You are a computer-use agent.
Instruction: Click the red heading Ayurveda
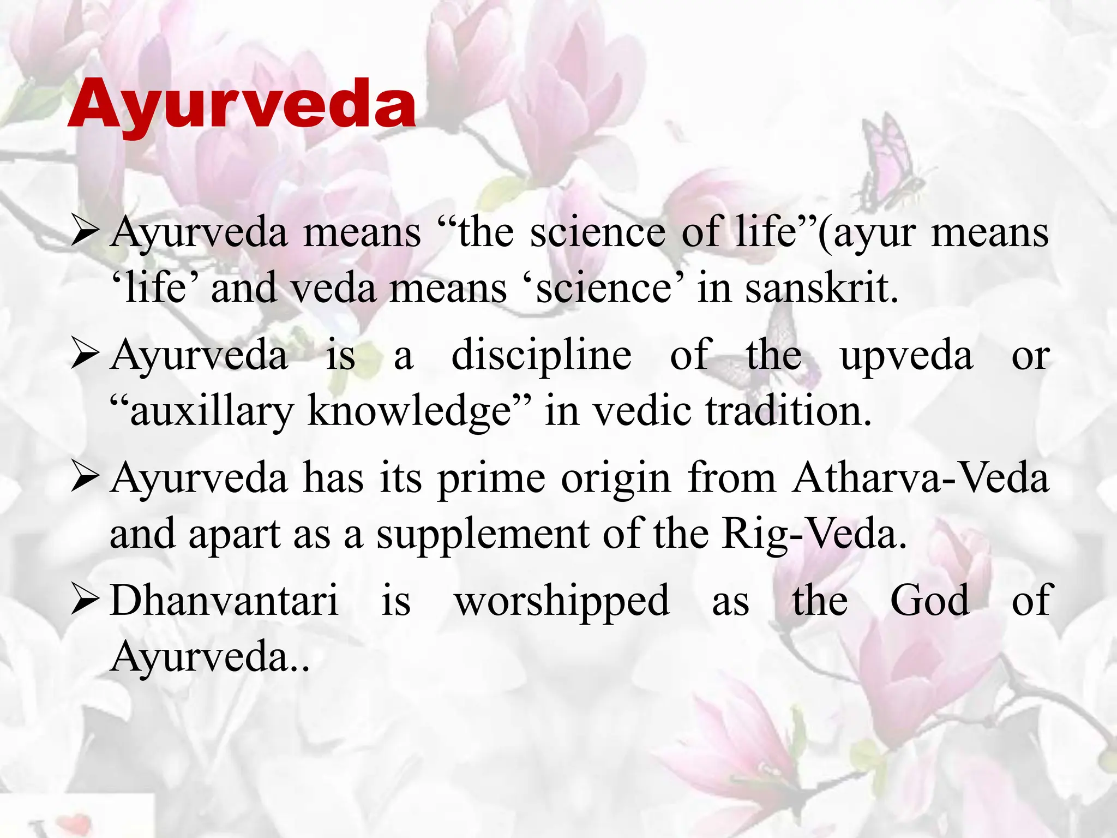coord(242,104)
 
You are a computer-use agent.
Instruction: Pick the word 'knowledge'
coord(409,411)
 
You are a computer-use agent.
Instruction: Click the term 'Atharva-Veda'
coord(921,478)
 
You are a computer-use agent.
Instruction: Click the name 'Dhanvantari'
coord(224,601)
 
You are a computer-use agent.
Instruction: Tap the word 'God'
coord(930,601)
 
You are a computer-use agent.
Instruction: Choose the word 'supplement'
coord(483,535)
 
